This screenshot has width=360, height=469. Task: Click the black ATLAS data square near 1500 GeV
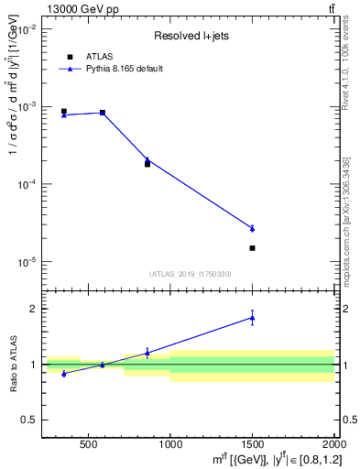pos(252,248)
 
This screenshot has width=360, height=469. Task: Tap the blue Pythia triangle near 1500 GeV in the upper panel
pos(252,228)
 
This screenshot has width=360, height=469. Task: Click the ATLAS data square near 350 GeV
pos(63,112)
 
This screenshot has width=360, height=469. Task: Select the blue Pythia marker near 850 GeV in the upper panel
pos(147,159)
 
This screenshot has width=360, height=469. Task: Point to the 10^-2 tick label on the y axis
pos(27,29)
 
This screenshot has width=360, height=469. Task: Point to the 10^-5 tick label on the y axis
pos(27,262)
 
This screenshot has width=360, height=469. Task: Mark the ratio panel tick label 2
pos(34,309)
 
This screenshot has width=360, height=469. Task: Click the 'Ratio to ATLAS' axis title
pos(12,364)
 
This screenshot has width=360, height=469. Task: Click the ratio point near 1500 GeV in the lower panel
pos(252,318)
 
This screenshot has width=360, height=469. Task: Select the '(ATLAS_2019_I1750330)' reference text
pos(190,274)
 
